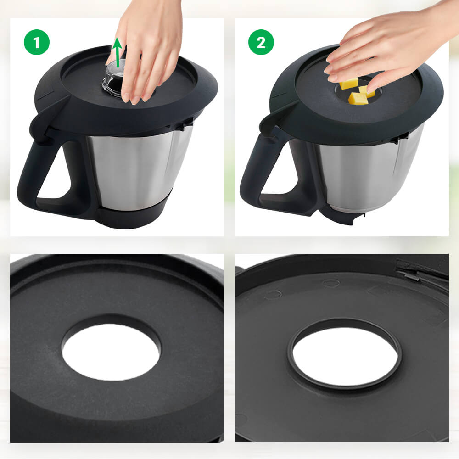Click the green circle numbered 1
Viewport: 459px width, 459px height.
pos(37,42)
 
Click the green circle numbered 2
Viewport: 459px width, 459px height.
pos(261,42)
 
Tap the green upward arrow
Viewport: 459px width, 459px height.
pos(118,50)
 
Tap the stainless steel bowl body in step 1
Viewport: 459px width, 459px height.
pos(138,170)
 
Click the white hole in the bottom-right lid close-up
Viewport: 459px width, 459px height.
pos(344,356)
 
